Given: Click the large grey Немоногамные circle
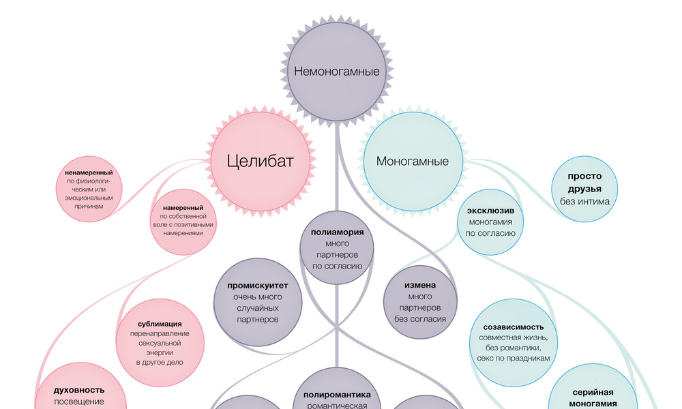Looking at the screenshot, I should coord(336,70).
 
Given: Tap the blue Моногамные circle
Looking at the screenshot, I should coord(413,162).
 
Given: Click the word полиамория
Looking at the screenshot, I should coord(337,232).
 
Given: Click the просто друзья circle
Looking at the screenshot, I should coord(584,189).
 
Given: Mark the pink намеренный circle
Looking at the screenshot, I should coord(183,222).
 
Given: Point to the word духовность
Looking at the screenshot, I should coord(79,391).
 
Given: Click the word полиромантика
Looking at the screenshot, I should coord(337,395).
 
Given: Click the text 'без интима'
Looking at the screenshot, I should coord(584,201).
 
